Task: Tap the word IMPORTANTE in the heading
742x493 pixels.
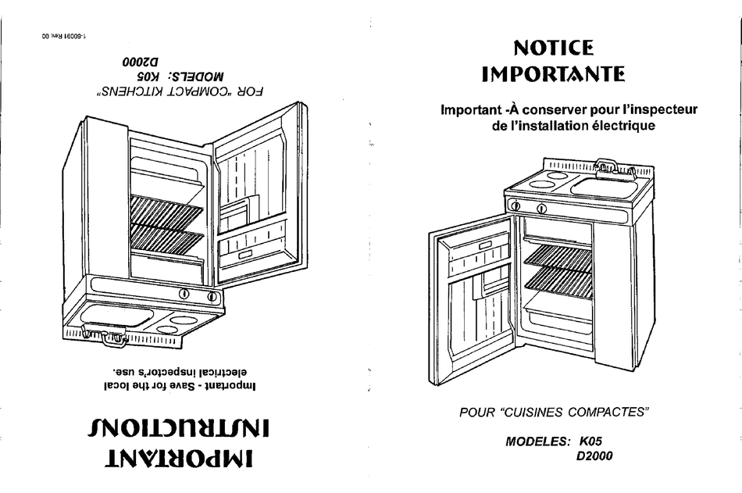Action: tap(553, 75)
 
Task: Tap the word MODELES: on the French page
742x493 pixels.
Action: tap(538, 441)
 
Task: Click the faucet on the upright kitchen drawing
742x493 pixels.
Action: tap(606, 165)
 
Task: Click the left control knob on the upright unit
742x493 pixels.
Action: tap(515, 206)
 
